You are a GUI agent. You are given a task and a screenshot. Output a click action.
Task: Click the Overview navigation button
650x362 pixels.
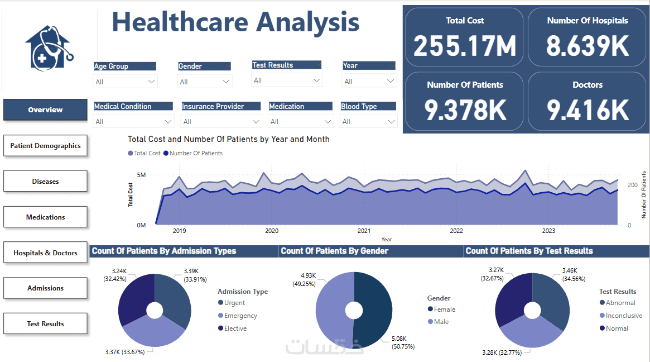[45, 110]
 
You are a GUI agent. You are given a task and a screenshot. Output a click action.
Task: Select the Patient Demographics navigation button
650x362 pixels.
[45, 146]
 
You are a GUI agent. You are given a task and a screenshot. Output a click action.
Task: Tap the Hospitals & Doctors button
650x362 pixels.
[45, 253]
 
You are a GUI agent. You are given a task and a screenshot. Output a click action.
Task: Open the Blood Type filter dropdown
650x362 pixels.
[390, 121]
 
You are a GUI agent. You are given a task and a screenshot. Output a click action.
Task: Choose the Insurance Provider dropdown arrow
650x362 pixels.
[255, 121]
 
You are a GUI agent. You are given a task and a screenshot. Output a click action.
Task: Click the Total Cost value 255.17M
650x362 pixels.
[464, 46]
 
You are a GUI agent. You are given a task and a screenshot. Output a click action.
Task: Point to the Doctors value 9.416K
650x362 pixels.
[588, 110]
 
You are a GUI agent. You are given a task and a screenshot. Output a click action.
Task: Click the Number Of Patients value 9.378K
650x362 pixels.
[465, 110]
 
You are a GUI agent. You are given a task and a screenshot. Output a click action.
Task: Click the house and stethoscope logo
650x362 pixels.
[49, 47]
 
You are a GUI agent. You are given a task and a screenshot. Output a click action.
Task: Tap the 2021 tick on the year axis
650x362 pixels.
[364, 231]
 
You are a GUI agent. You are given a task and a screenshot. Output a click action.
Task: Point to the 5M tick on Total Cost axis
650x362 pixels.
[141, 175]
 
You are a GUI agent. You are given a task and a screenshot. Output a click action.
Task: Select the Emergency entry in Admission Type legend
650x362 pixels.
[240, 316]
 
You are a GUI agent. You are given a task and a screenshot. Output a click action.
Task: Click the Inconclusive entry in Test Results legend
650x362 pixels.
[623, 316]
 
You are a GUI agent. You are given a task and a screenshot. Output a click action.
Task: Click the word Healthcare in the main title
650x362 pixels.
[180, 22]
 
